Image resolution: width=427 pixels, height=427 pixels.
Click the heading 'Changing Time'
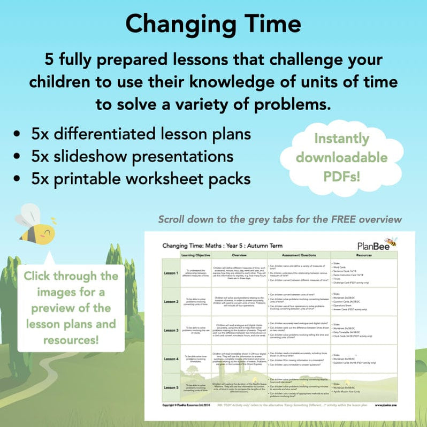coord(213,24)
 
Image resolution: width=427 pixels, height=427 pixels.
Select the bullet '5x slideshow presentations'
coord(132,156)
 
